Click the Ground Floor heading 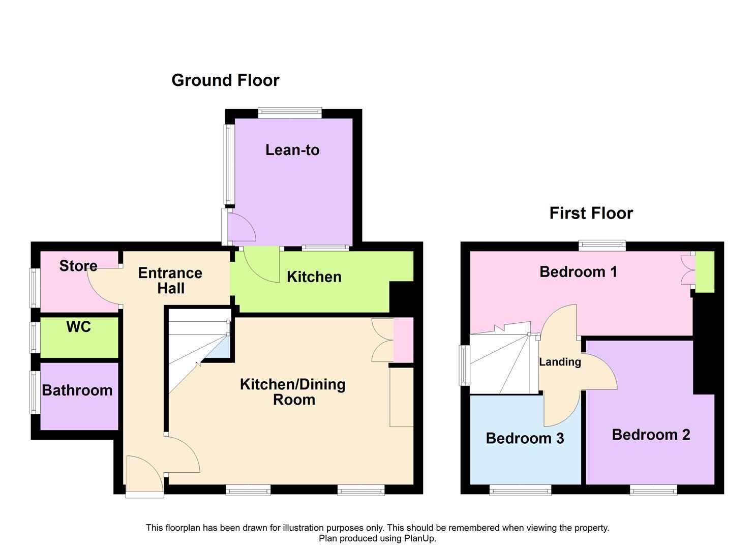pyautogui.click(x=225, y=80)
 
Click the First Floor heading pyautogui.click(x=591, y=213)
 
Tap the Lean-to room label pyautogui.click(x=292, y=150)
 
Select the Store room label pyautogui.click(x=78, y=266)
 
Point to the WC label pyautogui.click(x=78, y=327)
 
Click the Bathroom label pyautogui.click(x=77, y=390)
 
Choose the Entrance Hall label pyautogui.click(x=170, y=281)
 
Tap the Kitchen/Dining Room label pyautogui.click(x=292, y=392)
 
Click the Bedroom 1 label pyautogui.click(x=578, y=272)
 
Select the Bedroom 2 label pyautogui.click(x=651, y=435)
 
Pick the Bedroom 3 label pyautogui.click(x=525, y=439)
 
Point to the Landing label pyautogui.click(x=560, y=362)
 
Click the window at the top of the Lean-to pyautogui.click(x=290, y=112)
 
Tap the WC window pyautogui.click(x=35, y=338)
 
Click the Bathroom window pyautogui.click(x=35, y=392)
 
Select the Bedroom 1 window pyautogui.click(x=602, y=246)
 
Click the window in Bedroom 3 pyautogui.click(x=521, y=490)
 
